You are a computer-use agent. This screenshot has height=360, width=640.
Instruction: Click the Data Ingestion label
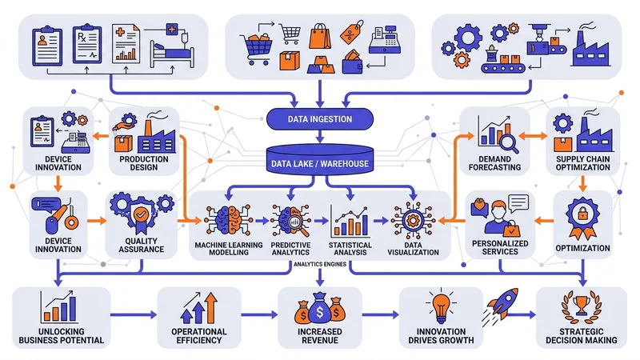(x=319, y=120)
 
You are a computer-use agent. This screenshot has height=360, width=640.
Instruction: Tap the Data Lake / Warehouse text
(x=319, y=165)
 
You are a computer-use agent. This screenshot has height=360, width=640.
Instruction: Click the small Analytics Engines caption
(x=319, y=264)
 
